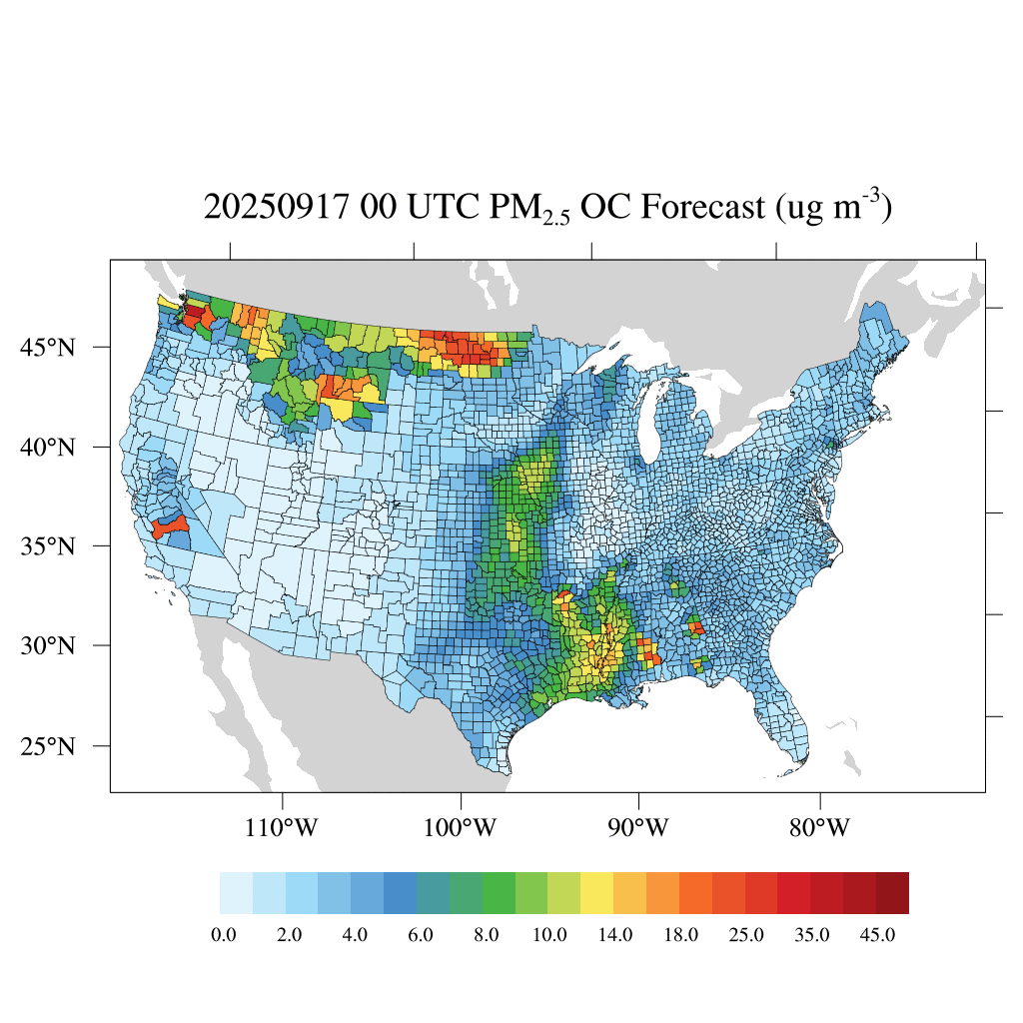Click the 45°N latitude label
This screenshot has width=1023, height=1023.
pyautogui.click(x=48, y=348)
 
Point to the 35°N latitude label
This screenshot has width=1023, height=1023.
pyautogui.click(x=48, y=546)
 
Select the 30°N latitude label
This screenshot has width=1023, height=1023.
pyautogui.click(x=48, y=645)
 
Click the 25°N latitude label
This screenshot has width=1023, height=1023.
pyautogui.click(x=48, y=746)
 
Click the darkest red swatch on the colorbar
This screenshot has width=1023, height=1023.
pyautogui.click(x=892, y=892)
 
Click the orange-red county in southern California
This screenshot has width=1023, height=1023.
pyautogui.click(x=171, y=524)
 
